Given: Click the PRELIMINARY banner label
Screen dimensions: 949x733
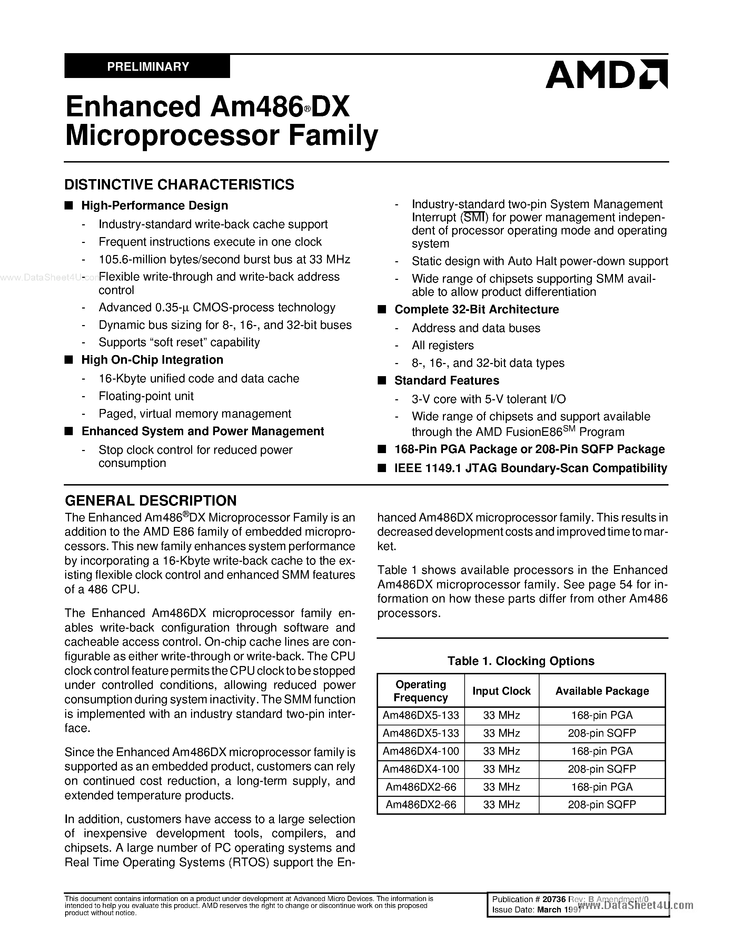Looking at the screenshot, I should (148, 67).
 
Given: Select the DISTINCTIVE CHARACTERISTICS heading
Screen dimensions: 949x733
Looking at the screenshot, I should (179, 185).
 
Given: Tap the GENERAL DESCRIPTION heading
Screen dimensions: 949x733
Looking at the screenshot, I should (150, 501).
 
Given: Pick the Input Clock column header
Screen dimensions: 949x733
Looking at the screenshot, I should (501, 691).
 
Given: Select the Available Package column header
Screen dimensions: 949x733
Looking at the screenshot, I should (602, 691).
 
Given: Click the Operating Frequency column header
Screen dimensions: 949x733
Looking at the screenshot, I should (420, 691).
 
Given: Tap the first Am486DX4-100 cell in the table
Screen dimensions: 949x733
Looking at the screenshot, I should (420, 751).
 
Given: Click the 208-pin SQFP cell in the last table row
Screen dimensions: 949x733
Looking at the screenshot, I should (602, 804).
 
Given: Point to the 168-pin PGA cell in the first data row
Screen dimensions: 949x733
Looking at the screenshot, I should (602, 715).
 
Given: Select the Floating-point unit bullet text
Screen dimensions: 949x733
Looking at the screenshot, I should (146, 396).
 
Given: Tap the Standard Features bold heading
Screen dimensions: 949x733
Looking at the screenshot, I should (446, 381).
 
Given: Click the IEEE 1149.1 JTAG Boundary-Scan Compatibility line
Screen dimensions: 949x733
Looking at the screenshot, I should (530, 468).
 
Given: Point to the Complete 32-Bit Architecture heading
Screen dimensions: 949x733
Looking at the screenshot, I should (476, 310).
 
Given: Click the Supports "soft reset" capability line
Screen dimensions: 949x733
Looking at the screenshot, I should (179, 342).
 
